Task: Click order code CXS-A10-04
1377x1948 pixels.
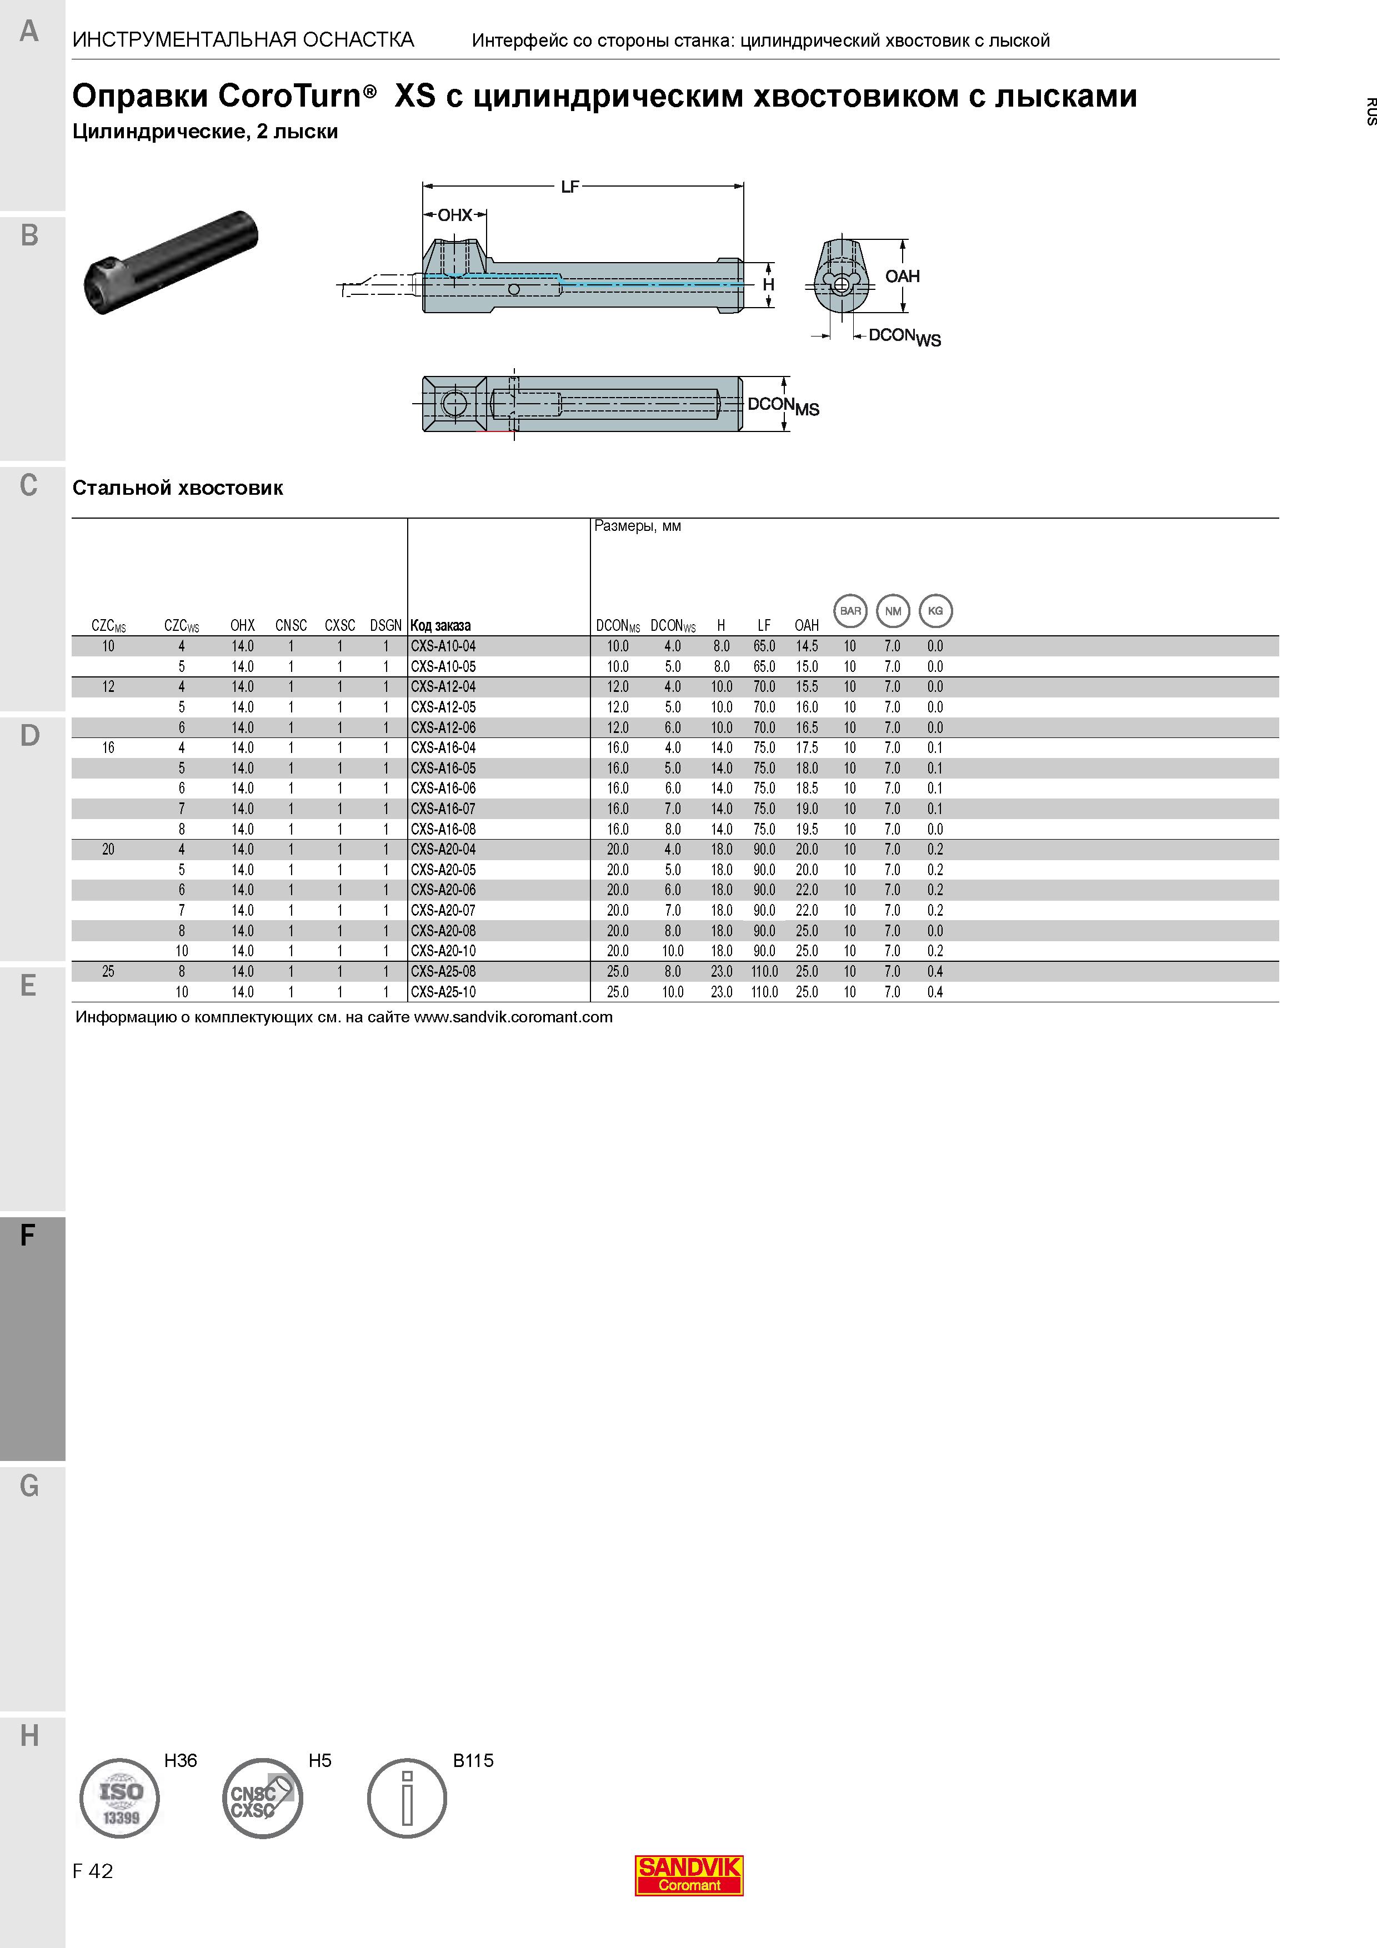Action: (443, 646)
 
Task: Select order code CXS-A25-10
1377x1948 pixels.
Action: (443, 992)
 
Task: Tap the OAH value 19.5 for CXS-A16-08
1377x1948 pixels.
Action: (807, 829)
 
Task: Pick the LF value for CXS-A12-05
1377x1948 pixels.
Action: (764, 707)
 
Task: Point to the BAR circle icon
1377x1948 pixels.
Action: (850, 611)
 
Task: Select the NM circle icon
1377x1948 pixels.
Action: (893, 611)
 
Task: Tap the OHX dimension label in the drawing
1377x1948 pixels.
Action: (455, 215)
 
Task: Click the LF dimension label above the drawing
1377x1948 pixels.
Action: (570, 187)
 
